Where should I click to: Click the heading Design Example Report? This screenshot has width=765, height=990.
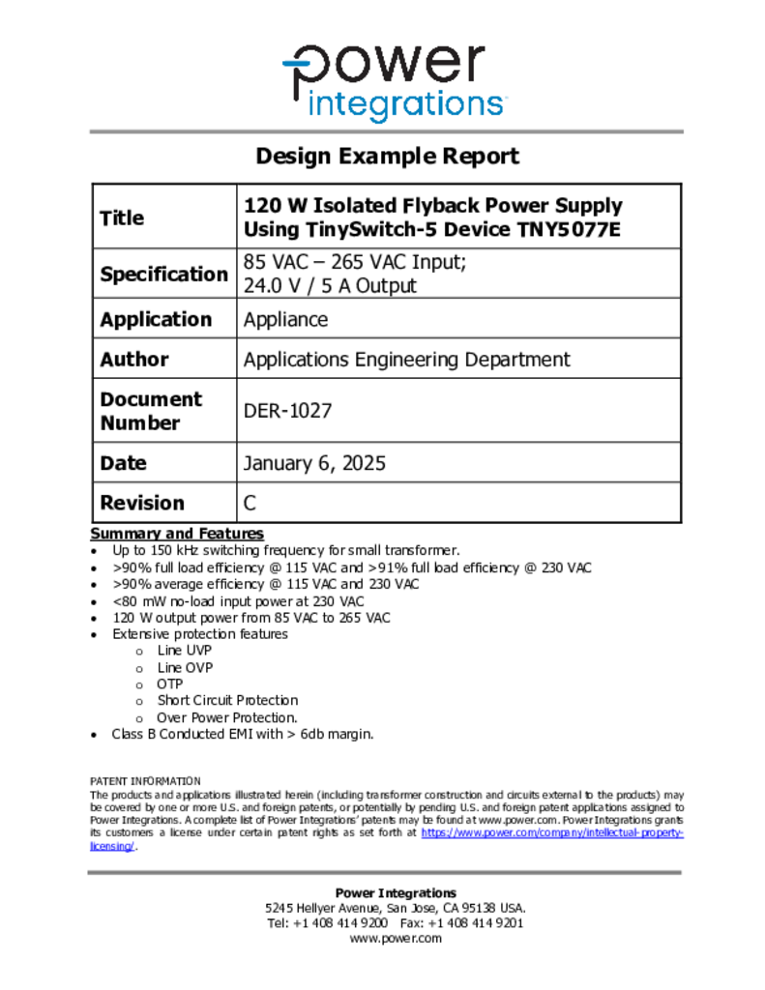coord(387,157)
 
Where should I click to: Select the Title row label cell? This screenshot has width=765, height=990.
coord(122,218)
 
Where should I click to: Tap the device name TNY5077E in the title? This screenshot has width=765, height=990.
coord(568,231)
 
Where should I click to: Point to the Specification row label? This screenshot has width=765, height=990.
coord(163,275)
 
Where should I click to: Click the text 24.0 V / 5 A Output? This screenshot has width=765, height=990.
coord(330,286)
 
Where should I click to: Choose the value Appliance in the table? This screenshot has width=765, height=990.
coord(285,320)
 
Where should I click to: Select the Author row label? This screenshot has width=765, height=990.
coord(134,360)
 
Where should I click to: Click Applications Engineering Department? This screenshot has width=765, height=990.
coord(406,360)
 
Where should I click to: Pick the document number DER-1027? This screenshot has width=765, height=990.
coord(287,411)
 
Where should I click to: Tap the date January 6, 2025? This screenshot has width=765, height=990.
coord(314,463)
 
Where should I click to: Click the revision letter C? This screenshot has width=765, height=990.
coord(250,503)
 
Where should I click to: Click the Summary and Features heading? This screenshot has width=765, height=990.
coord(177,534)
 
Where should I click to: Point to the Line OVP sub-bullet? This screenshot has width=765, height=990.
coord(185,667)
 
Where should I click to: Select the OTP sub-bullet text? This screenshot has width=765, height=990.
coord(169,684)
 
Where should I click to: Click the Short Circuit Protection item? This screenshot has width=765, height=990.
coord(227,700)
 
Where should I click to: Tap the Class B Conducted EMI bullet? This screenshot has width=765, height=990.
coord(242,734)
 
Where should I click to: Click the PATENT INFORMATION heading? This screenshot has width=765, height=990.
coord(145,781)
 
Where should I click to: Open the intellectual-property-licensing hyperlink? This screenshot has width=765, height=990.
coord(552,832)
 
